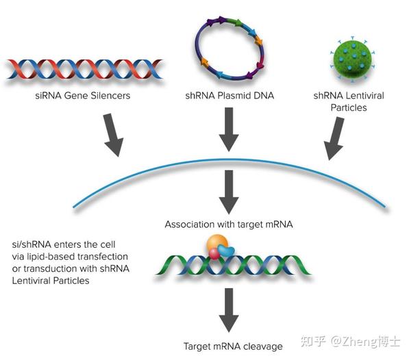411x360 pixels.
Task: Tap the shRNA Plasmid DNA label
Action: tap(229, 96)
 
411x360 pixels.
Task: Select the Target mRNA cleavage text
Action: tap(229, 346)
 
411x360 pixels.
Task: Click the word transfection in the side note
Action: tap(114, 256)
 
